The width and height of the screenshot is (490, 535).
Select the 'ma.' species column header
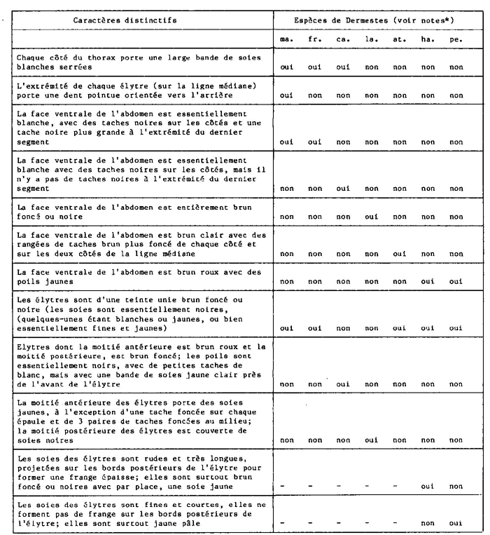[x=286, y=40]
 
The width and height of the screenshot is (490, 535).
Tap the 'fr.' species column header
[x=315, y=40]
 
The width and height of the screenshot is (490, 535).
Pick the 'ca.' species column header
[x=343, y=40]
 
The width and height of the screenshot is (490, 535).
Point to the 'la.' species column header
[x=371, y=40]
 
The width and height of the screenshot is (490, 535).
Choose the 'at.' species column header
[x=400, y=40]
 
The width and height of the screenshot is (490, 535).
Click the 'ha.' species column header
[x=428, y=40]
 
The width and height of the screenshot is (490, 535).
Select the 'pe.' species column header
[x=456, y=40]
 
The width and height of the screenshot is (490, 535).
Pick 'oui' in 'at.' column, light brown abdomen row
[x=400, y=252]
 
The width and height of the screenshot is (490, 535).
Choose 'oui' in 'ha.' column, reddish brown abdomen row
[x=428, y=279]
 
